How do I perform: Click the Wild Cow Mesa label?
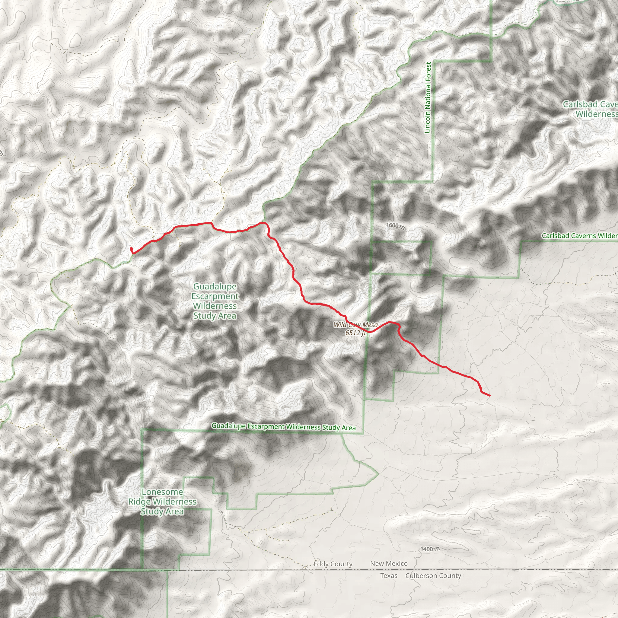pos(355,325)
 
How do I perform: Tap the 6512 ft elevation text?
pos(355,333)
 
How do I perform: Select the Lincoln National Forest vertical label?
pos(428,97)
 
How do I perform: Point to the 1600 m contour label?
pos(395,226)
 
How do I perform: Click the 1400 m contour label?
pos(430,549)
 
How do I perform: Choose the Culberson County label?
pos(433,576)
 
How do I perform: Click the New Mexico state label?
pos(389,564)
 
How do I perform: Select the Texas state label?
pos(389,576)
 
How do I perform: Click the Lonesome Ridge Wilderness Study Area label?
pos(163,502)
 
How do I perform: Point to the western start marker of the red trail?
pos(131,249)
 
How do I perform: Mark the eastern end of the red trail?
pos(489,396)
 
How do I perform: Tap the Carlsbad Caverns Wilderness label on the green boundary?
pos(579,236)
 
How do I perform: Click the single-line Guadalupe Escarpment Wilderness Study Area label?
pos(283,427)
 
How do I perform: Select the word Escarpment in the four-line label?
pos(215,296)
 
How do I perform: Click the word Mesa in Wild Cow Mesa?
pos(370,325)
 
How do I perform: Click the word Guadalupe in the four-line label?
pos(215,287)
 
